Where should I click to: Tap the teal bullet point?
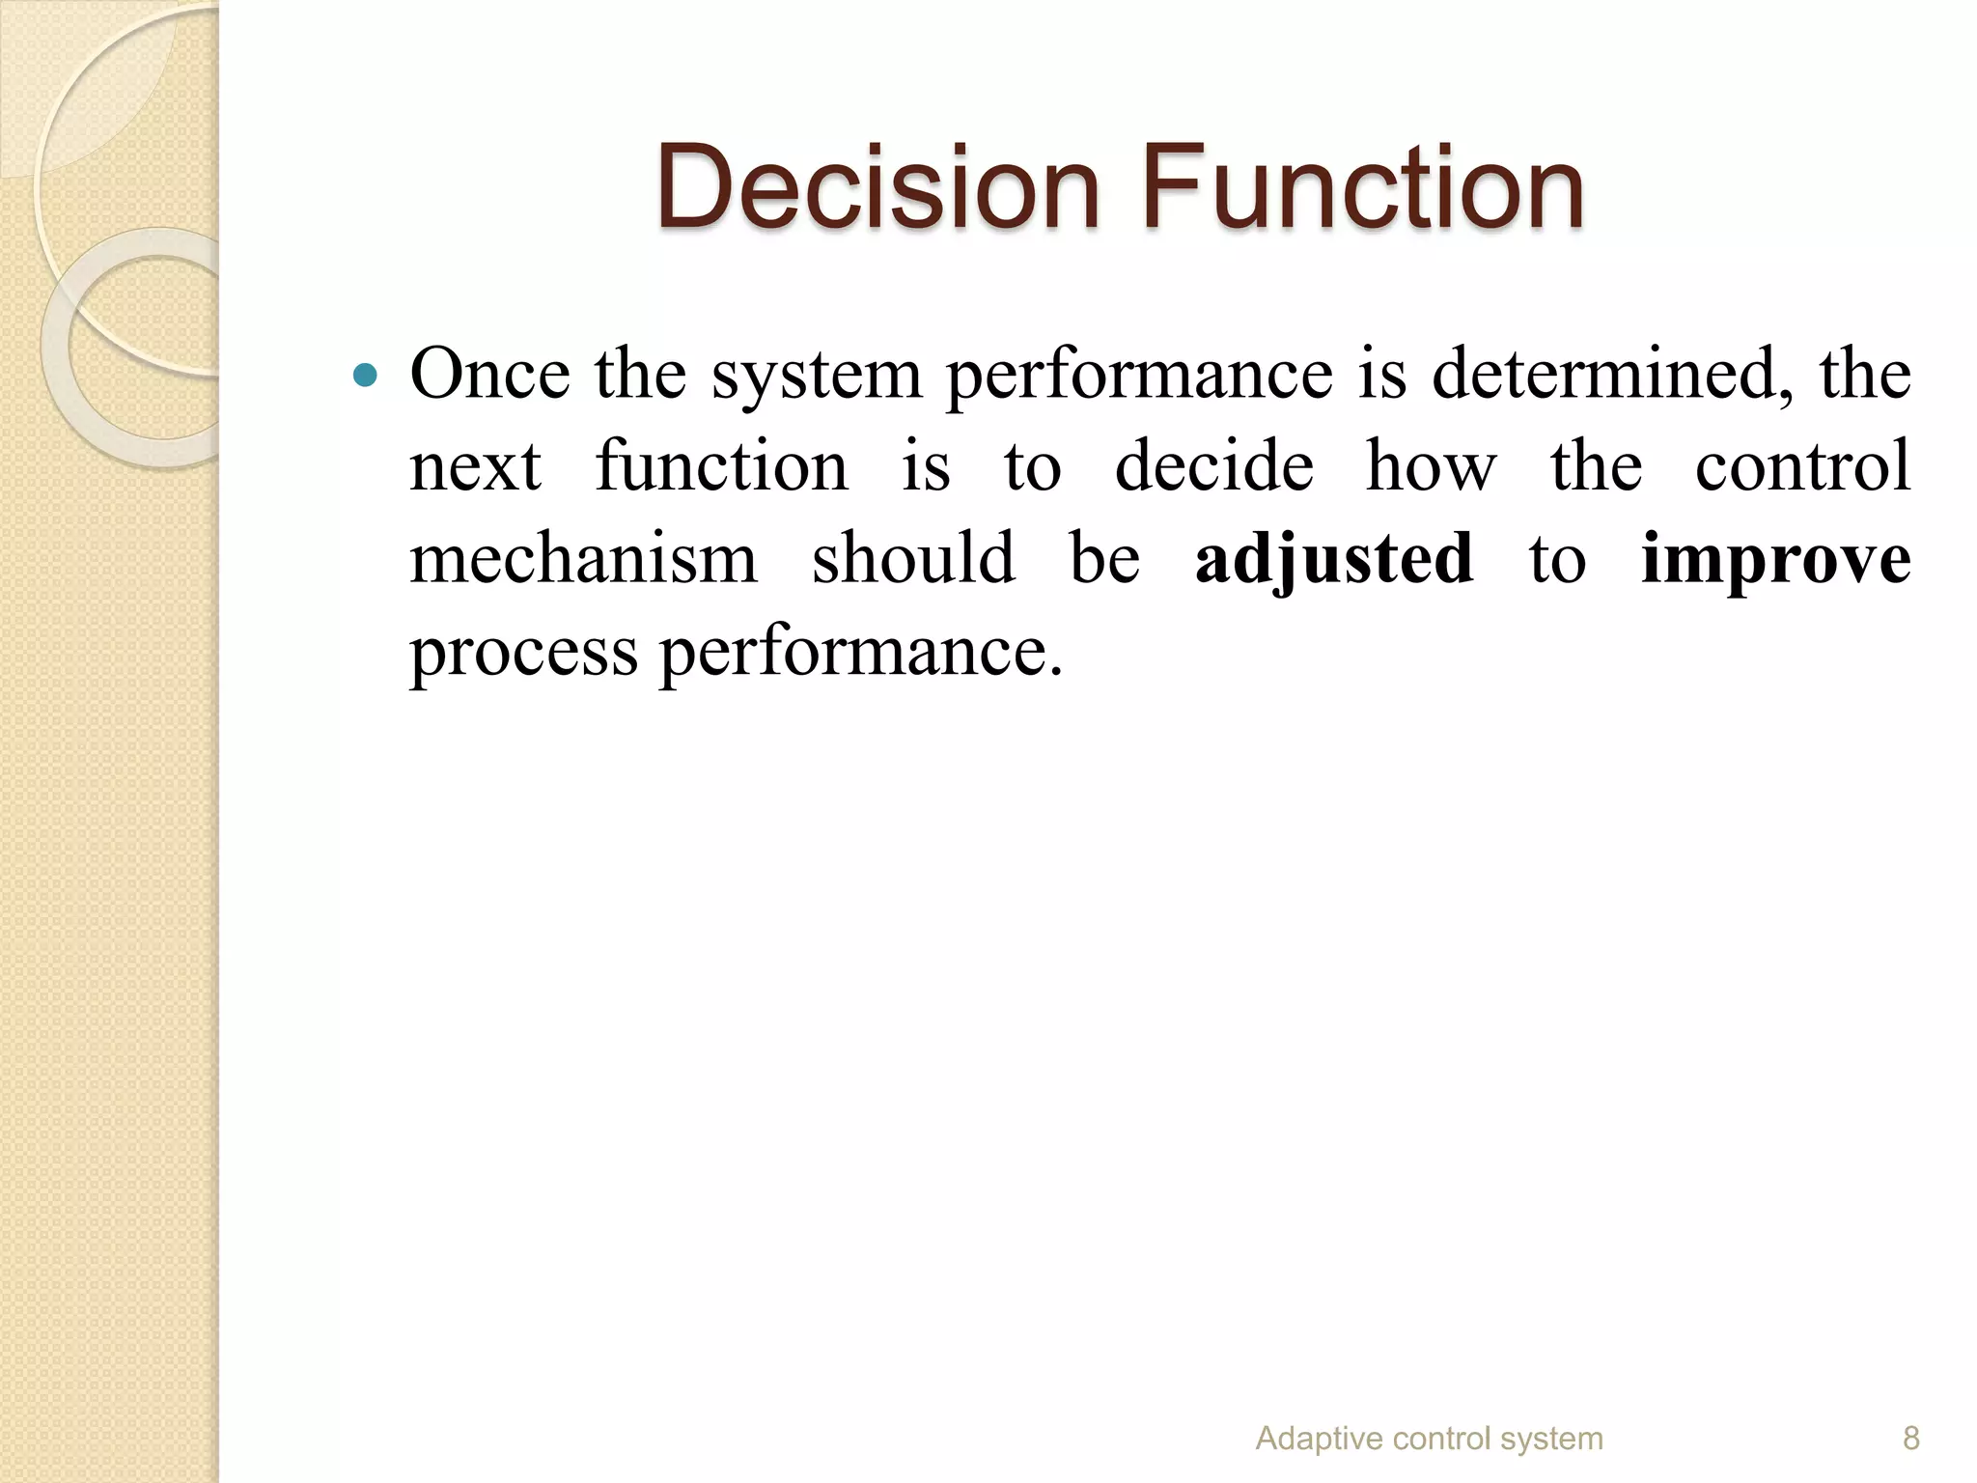(365, 375)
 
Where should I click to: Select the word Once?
(489, 375)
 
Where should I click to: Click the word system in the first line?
(817, 377)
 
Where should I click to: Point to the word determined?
(1613, 375)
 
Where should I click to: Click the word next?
(475, 467)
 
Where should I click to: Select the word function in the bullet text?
(721, 465)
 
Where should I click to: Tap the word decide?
(1213, 465)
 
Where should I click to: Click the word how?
(1431, 465)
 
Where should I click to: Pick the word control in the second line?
(1802, 465)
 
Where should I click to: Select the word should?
(913, 558)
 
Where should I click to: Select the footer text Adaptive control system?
(1429, 1439)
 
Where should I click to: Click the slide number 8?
(1910, 1439)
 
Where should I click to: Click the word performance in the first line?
(1139, 377)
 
